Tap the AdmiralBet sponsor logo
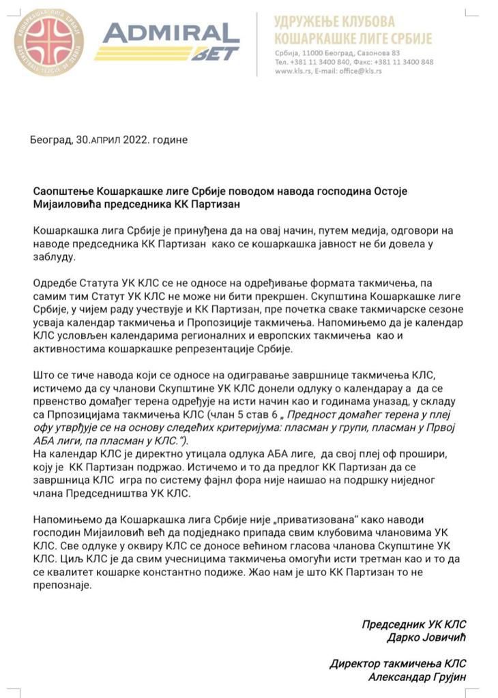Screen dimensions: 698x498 pyautogui.click(x=166, y=42)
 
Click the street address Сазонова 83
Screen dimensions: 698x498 pyautogui.click(x=379, y=52)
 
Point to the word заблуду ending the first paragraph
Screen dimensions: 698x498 pyautogui.click(x=55, y=258)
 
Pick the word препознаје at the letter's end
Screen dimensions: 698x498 pyautogui.click(x=62, y=585)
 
